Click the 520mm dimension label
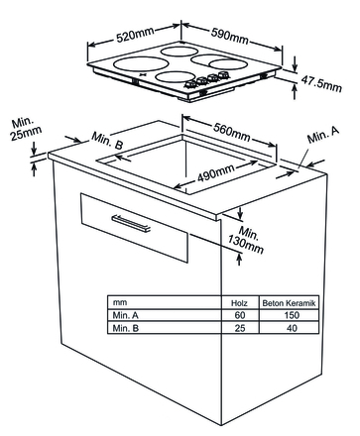pos(135,35)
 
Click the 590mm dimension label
pos(230,35)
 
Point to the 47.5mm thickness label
pos(321,83)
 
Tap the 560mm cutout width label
pos(231,132)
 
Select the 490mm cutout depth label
pos(216,172)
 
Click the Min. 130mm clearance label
pos(247,240)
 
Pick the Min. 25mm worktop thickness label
pos(26,129)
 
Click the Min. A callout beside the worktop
pos(323,135)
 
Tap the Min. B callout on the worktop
pos(107,141)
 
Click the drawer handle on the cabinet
pos(131,224)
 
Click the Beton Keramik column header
pos(289,303)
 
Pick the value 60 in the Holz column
pos(240,315)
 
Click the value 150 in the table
pos(292,315)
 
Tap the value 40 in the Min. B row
pos(292,328)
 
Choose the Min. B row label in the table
pos(126,328)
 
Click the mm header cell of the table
pos(120,302)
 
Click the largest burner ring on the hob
pos(140,63)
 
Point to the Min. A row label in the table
pos(126,315)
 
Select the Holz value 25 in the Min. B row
pos(240,328)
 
